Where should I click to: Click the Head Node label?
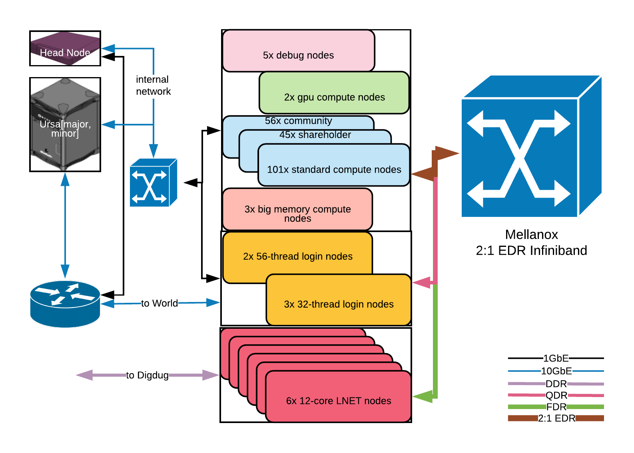tap(65, 53)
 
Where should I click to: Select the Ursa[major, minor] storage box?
tap(65, 125)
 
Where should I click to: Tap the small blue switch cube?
tap(153, 183)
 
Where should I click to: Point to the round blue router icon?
tap(65, 304)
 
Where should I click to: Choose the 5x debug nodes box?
tap(298, 51)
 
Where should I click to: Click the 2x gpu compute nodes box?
tap(334, 93)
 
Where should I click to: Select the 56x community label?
tap(298, 121)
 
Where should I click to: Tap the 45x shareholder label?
tap(315, 135)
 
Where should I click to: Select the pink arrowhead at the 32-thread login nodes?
tap(421, 283)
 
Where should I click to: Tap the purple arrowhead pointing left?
tap(84, 375)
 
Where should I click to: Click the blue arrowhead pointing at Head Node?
tap(108, 49)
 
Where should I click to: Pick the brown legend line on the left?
tap(522, 418)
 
